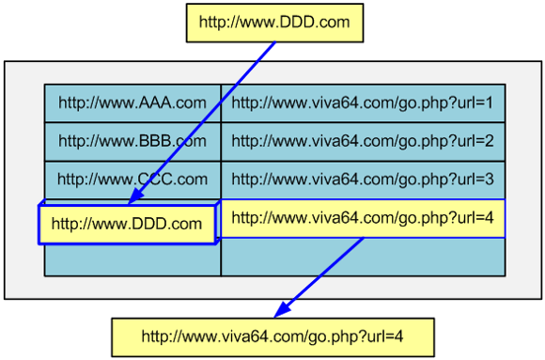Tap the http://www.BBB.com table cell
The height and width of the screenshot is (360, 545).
click(132, 141)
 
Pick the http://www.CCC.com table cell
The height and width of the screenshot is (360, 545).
click(132, 179)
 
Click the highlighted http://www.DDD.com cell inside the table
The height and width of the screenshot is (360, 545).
click(127, 224)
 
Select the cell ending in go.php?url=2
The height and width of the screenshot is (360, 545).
click(363, 141)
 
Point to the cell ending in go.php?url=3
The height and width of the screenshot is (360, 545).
click(363, 179)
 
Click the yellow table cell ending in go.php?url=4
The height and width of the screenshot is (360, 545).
click(363, 218)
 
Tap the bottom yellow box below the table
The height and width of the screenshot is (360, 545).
click(272, 336)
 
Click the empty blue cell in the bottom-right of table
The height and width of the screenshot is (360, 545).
click(363, 257)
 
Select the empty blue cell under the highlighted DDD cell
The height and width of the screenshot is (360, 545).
click(132, 259)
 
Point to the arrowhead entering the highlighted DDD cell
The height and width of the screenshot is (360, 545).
click(134, 198)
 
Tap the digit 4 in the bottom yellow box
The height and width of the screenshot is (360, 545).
click(399, 336)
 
